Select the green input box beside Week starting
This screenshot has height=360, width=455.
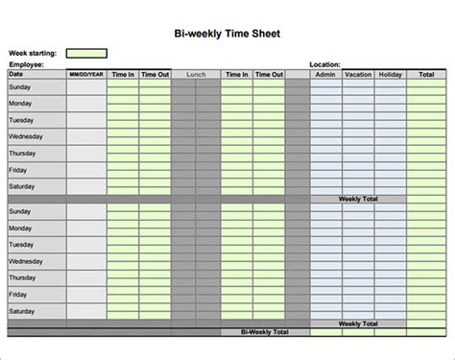(86, 54)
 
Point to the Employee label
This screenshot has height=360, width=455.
(27, 64)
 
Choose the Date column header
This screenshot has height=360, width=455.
(16, 73)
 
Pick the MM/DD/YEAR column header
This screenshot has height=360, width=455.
(86, 74)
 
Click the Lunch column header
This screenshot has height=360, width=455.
(196, 74)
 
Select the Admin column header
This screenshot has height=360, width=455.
(326, 74)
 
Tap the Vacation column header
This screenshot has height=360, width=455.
(358, 74)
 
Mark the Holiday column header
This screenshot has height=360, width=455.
(390, 74)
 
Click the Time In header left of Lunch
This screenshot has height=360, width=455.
(123, 74)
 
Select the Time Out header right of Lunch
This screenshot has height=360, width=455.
(269, 74)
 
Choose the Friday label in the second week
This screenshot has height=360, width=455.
(18, 294)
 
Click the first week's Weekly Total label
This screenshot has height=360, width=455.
(357, 199)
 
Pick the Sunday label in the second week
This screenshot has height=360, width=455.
(20, 210)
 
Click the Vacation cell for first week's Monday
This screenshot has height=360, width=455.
(358, 103)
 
